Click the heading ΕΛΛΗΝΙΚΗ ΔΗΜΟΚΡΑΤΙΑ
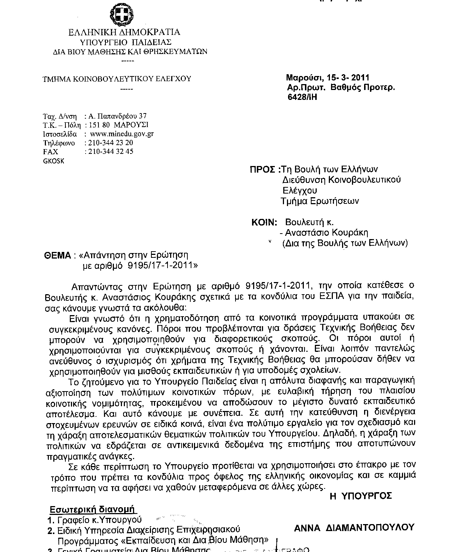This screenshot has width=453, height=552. click(x=125, y=32)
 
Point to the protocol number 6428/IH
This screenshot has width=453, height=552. click(x=302, y=97)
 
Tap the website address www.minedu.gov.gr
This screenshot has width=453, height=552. click(x=122, y=134)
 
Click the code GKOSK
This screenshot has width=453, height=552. click(x=54, y=161)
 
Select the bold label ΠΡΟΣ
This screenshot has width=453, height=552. click(x=262, y=170)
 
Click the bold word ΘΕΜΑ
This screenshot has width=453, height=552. click(x=57, y=255)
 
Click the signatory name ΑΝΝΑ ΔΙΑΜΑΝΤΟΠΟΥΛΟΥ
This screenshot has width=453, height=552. click(x=354, y=527)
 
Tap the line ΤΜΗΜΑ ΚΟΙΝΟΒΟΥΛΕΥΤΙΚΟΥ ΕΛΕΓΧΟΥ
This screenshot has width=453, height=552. click(x=117, y=79)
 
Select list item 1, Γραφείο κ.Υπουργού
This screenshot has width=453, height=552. click(x=99, y=520)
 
